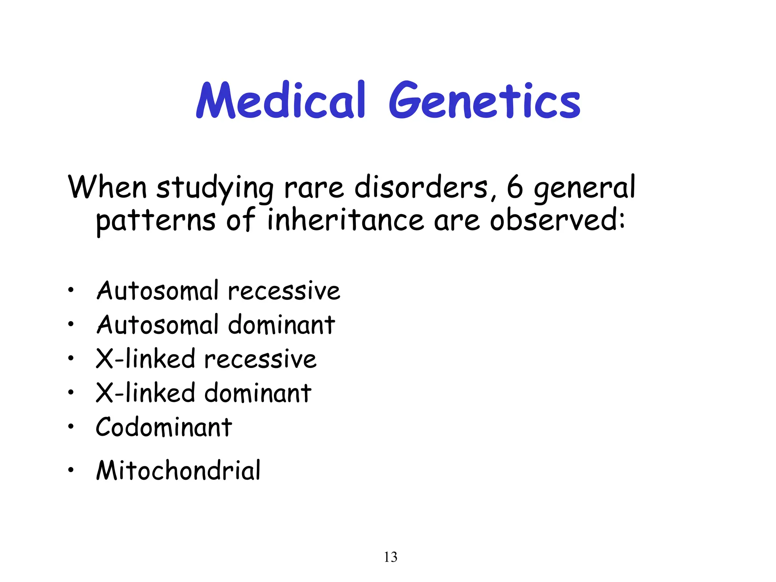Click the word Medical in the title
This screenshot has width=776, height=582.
tap(280, 100)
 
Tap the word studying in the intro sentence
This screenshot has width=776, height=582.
tap(214, 188)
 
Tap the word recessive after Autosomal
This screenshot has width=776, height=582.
tap(284, 291)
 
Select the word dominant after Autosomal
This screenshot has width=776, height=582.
tap(282, 325)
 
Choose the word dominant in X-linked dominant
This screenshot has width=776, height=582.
tap(258, 393)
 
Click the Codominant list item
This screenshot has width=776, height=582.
tap(164, 427)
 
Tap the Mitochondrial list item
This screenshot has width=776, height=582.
tap(178, 470)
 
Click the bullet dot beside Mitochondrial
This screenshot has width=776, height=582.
tap(70, 470)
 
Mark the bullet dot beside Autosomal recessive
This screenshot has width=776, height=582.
tap(70, 291)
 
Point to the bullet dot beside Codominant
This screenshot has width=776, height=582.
tap(70, 427)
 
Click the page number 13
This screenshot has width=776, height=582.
tap(391, 557)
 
